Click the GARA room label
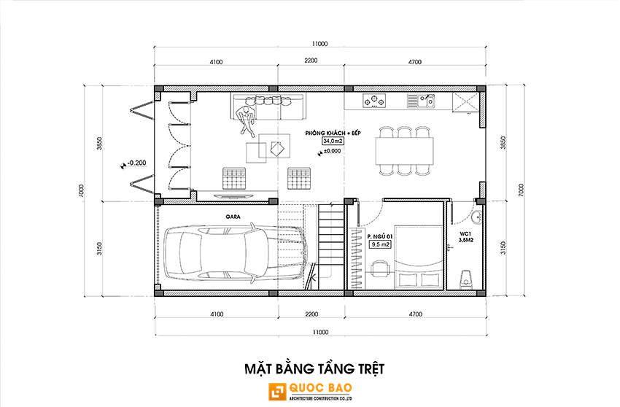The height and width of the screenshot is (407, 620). point(233,217)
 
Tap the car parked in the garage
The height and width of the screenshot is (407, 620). point(235,254)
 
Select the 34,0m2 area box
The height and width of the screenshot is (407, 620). point(333,141)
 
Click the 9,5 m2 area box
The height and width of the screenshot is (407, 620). point(380,244)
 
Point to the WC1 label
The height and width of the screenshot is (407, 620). point(465,233)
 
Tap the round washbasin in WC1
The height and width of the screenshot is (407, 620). point(476,217)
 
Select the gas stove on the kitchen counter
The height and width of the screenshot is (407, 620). point(374,101)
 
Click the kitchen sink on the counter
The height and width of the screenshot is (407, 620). point(421,101)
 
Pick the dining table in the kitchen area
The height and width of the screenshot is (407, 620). point(405,151)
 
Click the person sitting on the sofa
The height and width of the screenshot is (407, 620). point(247,120)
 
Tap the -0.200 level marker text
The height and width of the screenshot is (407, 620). point(137,163)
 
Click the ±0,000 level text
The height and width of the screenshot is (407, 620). point(332,151)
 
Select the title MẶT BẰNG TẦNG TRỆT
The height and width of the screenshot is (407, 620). point(314,368)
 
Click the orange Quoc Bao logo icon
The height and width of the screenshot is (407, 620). point(277,392)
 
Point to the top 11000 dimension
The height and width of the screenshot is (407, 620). point(319,44)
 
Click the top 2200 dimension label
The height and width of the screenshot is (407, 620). point(311,61)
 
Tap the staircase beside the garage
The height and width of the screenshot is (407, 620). point(330,246)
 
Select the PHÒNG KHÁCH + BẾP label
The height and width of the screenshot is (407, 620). point(333,133)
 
